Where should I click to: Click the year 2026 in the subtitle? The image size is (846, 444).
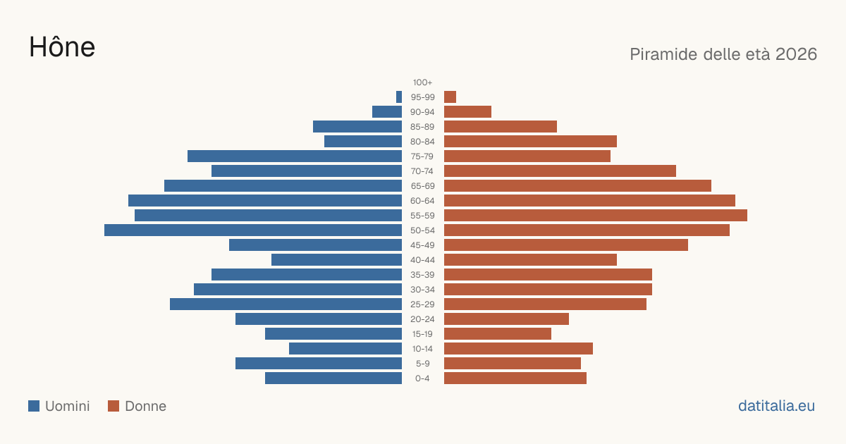pyautogui.click(x=796, y=54)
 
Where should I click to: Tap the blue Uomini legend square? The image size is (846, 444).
pyautogui.click(x=34, y=406)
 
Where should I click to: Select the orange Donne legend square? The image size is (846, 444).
pyautogui.click(x=114, y=406)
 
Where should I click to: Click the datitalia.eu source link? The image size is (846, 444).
pyautogui.click(x=776, y=406)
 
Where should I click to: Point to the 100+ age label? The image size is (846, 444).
pyautogui.click(x=422, y=82)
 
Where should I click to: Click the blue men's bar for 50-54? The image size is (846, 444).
pyautogui.click(x=253, y=230)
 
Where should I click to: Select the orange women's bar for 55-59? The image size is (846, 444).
pyautogui.click(x=596, y=216)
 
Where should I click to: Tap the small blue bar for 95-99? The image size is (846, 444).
pyautogui.click(x=399, y=97)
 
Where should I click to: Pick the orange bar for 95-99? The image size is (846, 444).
pyautogui.click(x=450, y=97)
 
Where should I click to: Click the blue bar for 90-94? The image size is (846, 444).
pyautogui.click(x=387, y=112)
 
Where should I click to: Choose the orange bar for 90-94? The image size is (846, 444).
pyautogui.click(x=467, y=112)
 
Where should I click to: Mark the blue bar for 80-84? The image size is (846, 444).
pyautogui.click(x=363, y=142)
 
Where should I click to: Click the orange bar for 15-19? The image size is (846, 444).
pyautogui.click(x=498, y=334)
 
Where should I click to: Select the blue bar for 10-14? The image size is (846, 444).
pyautogui.click(x=345, y=348)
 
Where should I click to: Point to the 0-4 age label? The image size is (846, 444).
pyautogui.click(x=422, y=378)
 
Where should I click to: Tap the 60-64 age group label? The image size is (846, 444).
pyautogui.click(x=422, y=201)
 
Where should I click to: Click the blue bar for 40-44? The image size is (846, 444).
pyautogui.click(x=336, y=260)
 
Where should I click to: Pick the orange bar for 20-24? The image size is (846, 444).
pyautogui.click(x=506, y=319)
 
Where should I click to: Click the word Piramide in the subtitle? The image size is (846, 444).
pyautogui.click(x=663, y=54)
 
